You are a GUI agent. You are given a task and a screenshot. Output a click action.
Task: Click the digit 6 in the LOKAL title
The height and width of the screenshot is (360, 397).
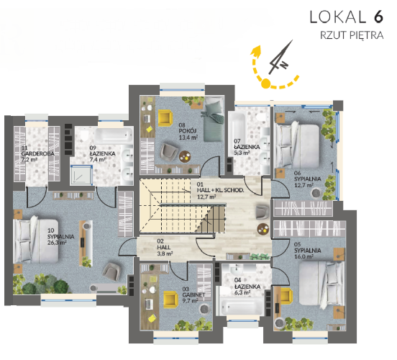pos(378,17)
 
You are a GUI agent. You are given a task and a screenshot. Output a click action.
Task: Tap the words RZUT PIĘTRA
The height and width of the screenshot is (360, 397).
pos(352,35)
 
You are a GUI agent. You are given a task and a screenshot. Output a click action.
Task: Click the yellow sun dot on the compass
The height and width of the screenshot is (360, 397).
pos(265,83)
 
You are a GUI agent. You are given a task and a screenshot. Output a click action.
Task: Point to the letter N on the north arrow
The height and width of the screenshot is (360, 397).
pos(284,65)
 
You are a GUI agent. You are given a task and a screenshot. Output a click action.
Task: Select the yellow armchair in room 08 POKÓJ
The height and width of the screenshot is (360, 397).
pos(165,118)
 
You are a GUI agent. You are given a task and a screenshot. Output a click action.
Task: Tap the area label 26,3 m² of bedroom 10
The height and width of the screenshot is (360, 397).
pos(57,243)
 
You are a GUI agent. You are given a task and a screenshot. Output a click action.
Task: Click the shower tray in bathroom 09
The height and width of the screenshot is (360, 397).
pos(81,174)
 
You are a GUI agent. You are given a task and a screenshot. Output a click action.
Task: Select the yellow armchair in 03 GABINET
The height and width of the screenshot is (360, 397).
pos(170,299)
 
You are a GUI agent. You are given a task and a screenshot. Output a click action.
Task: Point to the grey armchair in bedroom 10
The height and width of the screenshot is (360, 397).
pos(111,271)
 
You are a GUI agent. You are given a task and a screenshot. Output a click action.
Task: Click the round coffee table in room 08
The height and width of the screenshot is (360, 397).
pos(185,156)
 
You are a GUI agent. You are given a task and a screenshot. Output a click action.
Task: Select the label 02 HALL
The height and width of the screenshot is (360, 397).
pos(163,244)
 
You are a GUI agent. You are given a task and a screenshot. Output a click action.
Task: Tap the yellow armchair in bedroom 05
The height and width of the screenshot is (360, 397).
pos(286,296)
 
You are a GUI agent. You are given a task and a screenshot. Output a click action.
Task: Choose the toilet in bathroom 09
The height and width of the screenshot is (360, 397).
pos(84,135)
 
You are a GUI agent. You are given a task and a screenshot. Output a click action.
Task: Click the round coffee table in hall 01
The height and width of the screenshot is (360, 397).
pos(263,229)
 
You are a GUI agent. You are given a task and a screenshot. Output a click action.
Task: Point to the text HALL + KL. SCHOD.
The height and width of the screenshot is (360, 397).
pos(220,190)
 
